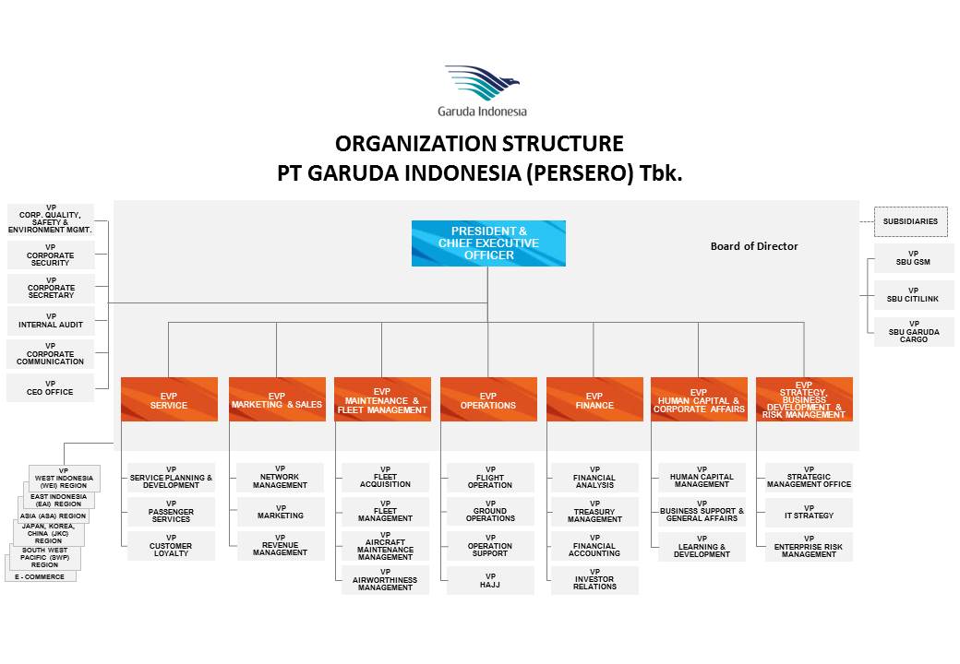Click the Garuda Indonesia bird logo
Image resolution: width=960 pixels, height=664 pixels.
(482, 84)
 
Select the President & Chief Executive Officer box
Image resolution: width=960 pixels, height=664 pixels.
(488, 243)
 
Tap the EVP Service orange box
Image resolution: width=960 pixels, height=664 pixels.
(169, 399)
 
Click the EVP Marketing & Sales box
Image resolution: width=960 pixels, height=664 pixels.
(277, 399)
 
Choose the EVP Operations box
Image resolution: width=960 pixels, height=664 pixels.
(488, 399)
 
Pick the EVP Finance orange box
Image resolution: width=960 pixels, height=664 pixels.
(594, 399)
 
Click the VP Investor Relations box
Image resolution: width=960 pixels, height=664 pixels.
(594, 581)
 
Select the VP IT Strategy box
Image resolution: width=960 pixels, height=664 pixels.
(809, 512)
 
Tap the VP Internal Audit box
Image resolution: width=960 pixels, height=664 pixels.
(51, 321)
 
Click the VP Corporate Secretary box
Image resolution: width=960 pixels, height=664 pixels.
(51, 288)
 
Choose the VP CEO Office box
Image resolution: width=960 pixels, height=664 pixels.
(51, 387)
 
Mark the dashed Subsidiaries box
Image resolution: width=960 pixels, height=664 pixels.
(910, 221)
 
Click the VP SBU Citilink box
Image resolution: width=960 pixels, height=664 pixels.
(913, 295)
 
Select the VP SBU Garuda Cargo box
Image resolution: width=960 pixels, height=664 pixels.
(913, 332)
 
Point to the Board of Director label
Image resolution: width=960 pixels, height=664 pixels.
(754, 246)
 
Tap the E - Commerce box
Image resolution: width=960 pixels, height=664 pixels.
(41, 575)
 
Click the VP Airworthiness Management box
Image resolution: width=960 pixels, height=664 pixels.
(385, 580)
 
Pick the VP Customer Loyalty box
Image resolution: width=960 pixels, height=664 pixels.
(171, 546)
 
